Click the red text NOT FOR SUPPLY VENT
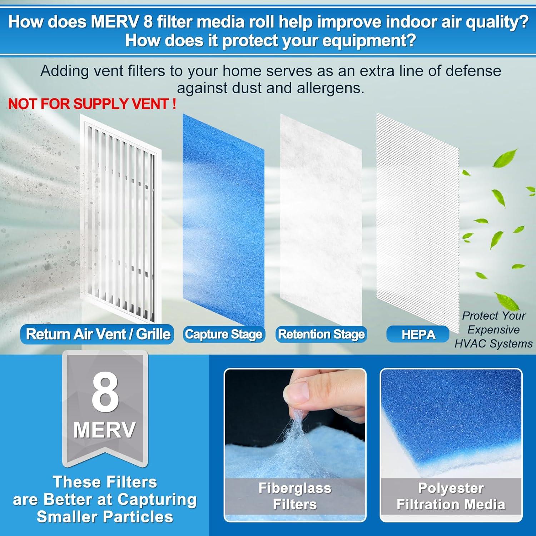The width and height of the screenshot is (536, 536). tap(92, 104)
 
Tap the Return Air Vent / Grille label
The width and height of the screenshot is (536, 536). tap(98, 334)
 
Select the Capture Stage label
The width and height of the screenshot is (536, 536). tap(224, 334)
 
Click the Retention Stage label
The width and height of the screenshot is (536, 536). tap(321, 334)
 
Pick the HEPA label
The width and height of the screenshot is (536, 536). tap(418, 334)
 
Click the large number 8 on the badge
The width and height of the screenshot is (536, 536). tap(105, 392)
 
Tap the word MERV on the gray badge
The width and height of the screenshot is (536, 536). tap(105, 430)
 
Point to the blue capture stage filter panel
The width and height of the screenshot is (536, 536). tap(223, 222)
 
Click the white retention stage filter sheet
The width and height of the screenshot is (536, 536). tap(321, 222)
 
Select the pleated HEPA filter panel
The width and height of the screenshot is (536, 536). tap(417, 222)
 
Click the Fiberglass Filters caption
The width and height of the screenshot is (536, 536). tap(295, 496)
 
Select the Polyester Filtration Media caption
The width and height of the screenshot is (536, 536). tap(451, 496)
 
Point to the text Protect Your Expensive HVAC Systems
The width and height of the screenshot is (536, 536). tap(493, 329)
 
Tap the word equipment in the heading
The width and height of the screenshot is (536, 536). tap(367, 41)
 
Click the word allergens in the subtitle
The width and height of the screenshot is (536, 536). tap(330, 88)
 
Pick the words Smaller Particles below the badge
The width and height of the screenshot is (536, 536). tap(105, 517)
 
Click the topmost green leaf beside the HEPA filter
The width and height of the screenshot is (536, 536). tap(505, 158)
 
